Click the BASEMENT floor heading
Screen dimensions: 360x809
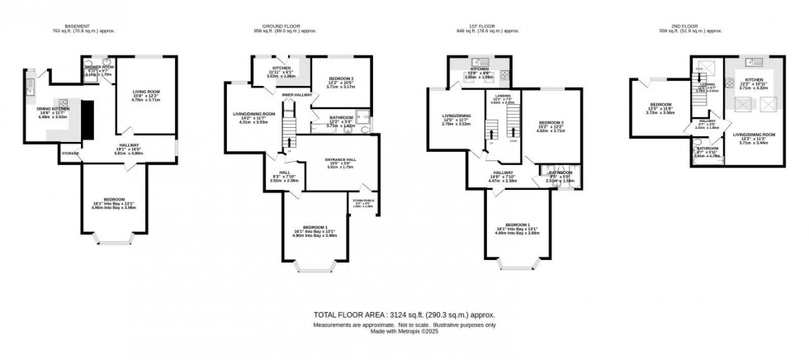point(75,26)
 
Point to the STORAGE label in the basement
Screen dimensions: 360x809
point(69,153)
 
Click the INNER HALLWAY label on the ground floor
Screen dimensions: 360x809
point(294,96)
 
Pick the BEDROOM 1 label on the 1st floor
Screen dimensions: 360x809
point(518,225)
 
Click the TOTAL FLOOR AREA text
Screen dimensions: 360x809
point(404,315)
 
